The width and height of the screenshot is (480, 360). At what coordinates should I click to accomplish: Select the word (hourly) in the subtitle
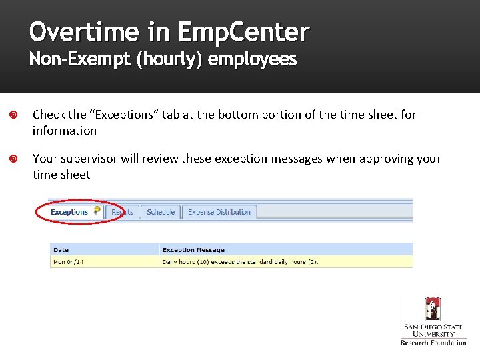[170, 60]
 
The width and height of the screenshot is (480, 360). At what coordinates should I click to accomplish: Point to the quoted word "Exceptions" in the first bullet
[122, 115]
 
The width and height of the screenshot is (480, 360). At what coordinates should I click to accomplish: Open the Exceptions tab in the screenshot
[69, 212]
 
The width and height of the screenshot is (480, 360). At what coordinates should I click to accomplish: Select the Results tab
[123, 212]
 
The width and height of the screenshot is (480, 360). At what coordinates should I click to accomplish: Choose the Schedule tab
[161, 212]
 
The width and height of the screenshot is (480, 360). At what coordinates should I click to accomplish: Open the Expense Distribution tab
[219, 212]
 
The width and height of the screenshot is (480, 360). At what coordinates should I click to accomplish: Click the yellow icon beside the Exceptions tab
[97, 211]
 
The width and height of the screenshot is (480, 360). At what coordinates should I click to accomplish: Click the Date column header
[61, 250]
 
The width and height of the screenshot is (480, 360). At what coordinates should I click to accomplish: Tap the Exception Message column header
[193, 250]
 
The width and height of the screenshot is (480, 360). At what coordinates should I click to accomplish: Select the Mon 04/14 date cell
[69, 262]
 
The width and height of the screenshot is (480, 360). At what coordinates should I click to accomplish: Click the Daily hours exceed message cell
[240, 262]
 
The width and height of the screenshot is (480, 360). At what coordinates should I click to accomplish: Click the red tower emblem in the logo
[433, 309]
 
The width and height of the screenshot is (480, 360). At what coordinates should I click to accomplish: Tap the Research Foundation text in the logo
[433, 343]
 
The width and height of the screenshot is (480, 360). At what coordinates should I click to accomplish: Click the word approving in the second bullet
[386, 159]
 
